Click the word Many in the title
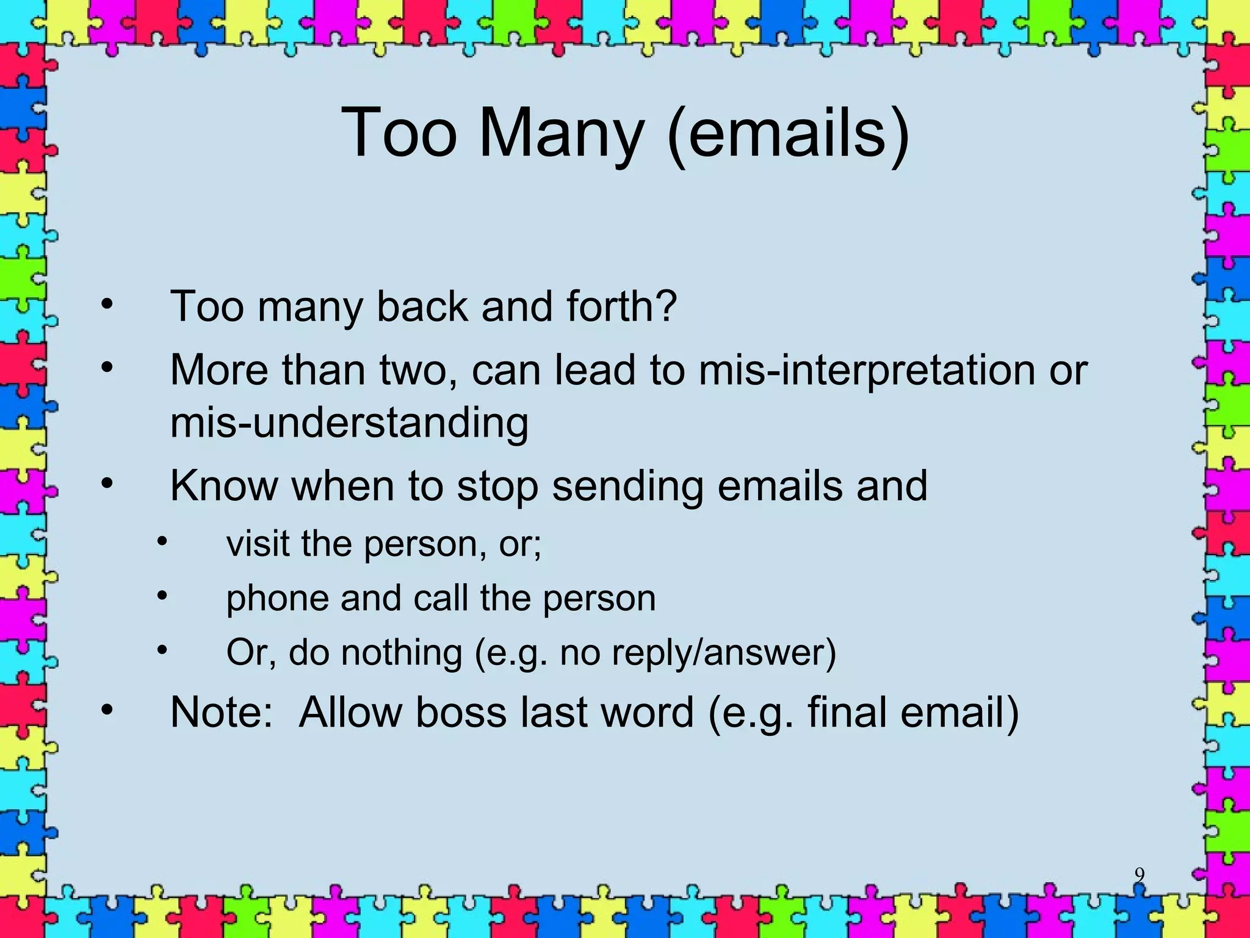tap(561, 133)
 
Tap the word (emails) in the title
tap(788, 133)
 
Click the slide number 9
tap(1139, 875)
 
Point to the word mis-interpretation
tap(867, 371)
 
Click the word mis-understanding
tap(349, 423)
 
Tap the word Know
tap(223, 486)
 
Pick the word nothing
tap(401, 652)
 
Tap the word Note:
tap(222, 712)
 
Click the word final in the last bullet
tap(847, 712)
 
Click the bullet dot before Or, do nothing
tap(162, 650)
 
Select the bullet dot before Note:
tap(107, 710)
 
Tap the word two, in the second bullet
tap(419, 371)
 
